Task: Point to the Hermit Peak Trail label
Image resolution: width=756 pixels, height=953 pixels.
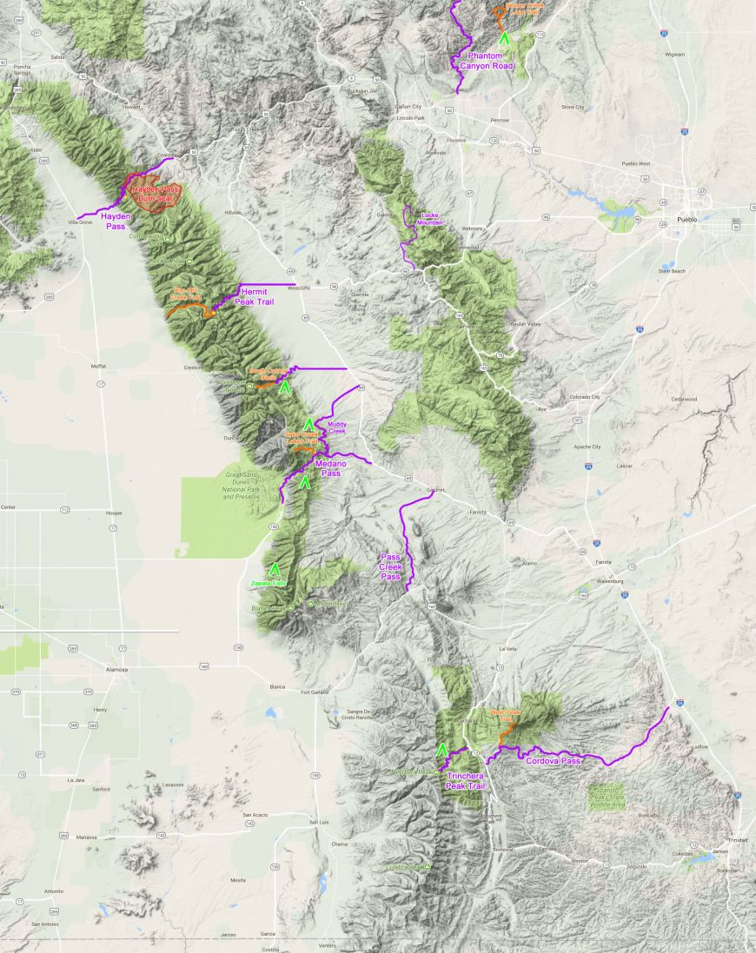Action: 258,296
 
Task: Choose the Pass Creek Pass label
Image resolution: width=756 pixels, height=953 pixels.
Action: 391,566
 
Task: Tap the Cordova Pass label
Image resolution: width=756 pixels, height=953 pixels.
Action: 553,761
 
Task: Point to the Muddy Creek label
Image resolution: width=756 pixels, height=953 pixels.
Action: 336,427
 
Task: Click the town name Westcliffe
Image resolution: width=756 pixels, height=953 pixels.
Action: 299,286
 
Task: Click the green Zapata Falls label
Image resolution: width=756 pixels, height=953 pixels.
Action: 268,584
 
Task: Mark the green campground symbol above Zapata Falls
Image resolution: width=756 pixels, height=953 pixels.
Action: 275,570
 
